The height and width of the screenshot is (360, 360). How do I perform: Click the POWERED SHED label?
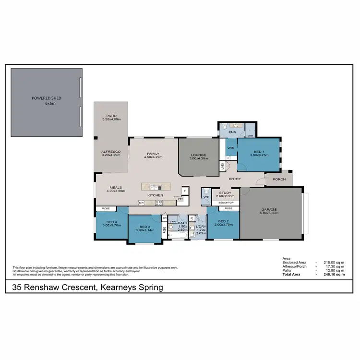(x=47, y=98)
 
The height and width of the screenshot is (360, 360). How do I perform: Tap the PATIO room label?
(x=111, y=116)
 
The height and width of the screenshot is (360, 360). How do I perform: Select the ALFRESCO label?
(x=110, y=152)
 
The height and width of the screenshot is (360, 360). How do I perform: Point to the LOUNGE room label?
(x=198, y=155)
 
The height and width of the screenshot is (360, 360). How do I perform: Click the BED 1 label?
(x=258, y=152)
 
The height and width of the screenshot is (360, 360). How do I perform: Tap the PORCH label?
(x=279, y=180)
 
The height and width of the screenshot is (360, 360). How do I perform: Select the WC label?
(x=206, y=197)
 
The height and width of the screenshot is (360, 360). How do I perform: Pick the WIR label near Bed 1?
(x=230, y=148)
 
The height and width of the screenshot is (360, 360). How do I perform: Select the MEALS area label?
(x=115, y=188)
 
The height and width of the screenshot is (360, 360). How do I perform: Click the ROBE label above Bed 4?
(x=106, y=209)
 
